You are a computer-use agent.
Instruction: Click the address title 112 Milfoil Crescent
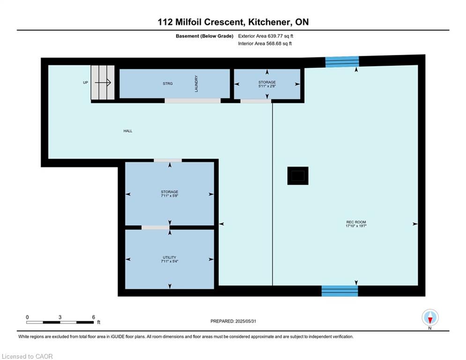coord(200,22)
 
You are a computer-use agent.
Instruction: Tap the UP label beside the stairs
coord(86,82)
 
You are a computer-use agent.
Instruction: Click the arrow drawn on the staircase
coord(103,82)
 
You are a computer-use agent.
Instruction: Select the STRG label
coord(168,83)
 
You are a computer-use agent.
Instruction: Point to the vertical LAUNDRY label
coord(196,83)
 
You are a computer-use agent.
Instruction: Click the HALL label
coord(128,131)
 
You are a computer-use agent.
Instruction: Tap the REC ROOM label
coord(356,222)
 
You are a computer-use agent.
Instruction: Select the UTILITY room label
coord(170,257)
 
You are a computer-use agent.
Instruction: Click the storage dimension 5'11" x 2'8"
coord(267,86)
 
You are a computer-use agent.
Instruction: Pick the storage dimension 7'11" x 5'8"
coord(170,196)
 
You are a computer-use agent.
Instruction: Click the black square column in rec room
coord(298,176)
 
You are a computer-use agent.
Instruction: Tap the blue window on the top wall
coord(342,61)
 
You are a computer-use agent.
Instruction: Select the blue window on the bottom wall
coord(340,291)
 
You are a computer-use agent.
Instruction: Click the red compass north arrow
coord(430,320)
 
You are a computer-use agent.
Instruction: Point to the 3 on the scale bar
coord(60,317)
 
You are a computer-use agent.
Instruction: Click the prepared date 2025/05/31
coord(245,321)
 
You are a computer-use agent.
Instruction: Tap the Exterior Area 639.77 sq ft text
coord(266,36)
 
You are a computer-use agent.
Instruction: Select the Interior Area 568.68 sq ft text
coord(265,44)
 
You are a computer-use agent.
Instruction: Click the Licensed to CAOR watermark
coord(27,356)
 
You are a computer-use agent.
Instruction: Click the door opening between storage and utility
coord(155,228)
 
